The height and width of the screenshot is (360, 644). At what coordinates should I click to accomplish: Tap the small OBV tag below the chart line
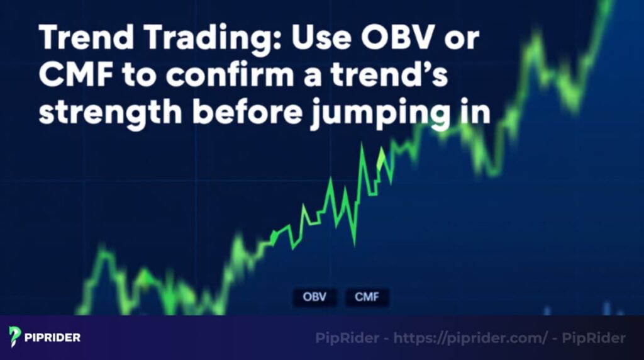[x=315, y=297]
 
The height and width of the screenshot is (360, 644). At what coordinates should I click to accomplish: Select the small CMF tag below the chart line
[x=367, y=297]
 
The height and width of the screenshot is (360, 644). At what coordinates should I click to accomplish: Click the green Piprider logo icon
[x=15, y=337]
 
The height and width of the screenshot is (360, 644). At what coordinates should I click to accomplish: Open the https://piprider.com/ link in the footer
[x=470, y=339]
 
